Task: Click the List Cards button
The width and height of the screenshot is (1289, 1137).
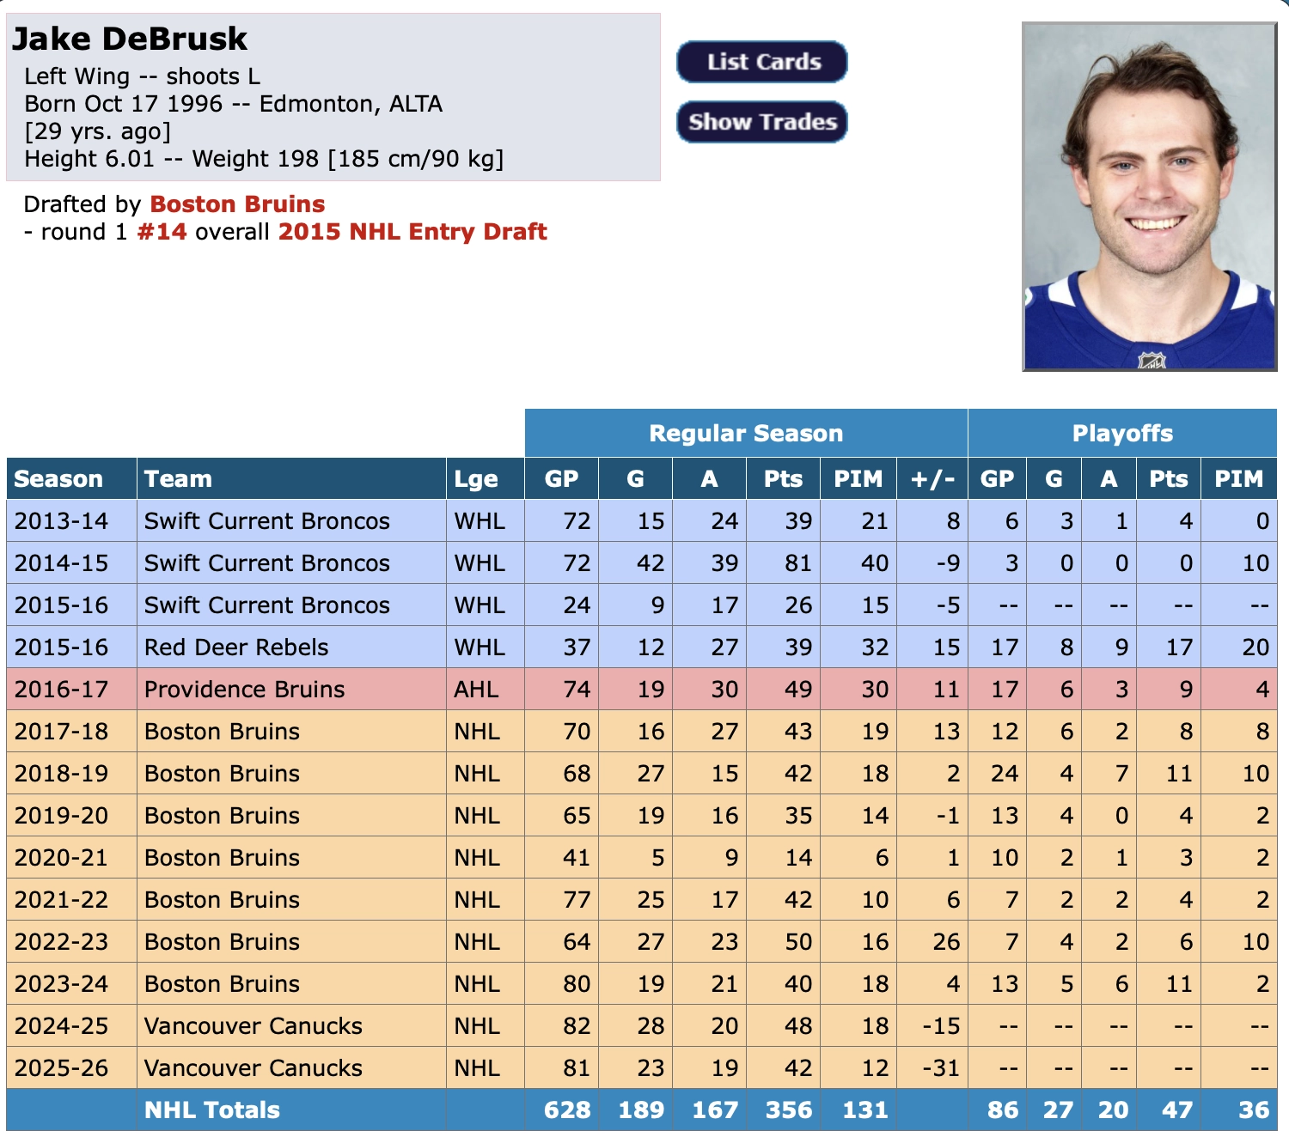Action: point(761,62)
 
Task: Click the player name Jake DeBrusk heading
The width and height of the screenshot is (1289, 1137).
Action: point(129,39)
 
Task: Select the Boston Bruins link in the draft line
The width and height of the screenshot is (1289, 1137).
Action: point(237,204)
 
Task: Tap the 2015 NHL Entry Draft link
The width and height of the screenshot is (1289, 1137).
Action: point(412,232)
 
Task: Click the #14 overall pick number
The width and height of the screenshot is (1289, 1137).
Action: point(162,232)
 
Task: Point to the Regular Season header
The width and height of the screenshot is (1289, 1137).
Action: point(746,433)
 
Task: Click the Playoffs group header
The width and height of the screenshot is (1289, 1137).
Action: point(1122,433)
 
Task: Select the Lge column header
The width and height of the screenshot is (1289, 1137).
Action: point(476,479)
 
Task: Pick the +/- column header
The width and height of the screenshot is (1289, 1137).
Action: point(932,479)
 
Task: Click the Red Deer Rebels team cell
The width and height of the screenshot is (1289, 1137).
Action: point(236,648)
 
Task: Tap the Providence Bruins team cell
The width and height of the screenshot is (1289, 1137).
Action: point(244,690)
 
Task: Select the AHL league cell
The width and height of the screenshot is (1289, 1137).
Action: point(476,690)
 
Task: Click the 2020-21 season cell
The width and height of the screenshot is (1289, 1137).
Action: point(61,858)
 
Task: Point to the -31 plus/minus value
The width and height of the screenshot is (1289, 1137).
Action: point(941,1068)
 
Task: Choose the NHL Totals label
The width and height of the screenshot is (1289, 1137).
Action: point(212,1110)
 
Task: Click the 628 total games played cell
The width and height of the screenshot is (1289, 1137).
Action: point(567,1110)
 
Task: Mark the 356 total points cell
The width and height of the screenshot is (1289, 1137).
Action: point(788,1110)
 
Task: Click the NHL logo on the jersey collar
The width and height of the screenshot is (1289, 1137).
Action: point(1152,361)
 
